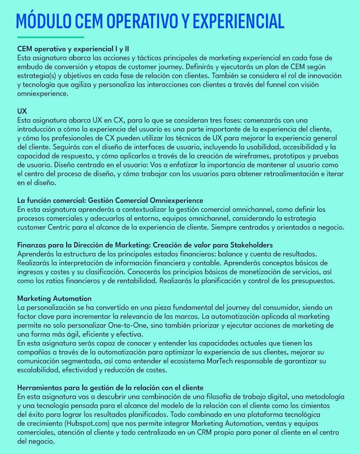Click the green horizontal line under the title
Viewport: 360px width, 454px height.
tap(51, 37)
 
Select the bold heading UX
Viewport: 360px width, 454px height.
tap(22, 111)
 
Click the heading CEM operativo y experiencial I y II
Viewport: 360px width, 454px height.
tap(73, 49)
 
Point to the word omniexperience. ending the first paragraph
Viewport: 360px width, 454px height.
tap(43, 94)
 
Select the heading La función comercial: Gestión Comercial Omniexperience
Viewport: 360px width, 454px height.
tap(110, 201)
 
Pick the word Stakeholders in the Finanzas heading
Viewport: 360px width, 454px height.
tap(252, 245)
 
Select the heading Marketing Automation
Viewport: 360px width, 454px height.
tap(54, 298)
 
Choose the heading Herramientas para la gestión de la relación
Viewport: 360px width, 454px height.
tap(110, 388)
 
